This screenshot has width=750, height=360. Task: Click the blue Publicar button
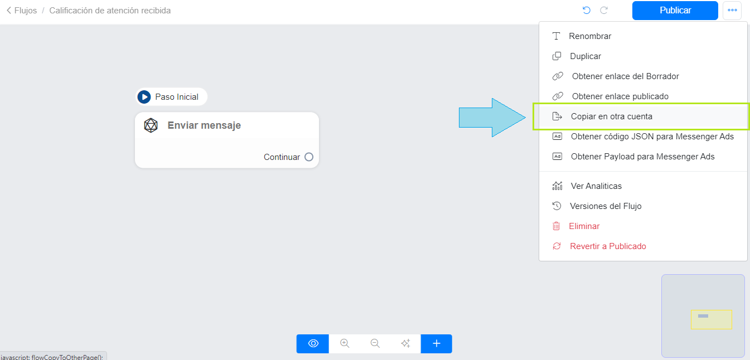click(x=675, y=11)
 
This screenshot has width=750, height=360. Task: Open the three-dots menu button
click(x=732, y=11)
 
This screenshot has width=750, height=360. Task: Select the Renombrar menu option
click(x=590, y=36)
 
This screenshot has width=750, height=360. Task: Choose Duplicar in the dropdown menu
click(x=585, y=56)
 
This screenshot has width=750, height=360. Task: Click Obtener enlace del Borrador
click(x=625, y=76)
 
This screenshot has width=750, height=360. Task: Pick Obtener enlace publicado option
click(x=620, y=96)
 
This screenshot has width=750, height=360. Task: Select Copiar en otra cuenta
click(x=611, y=116)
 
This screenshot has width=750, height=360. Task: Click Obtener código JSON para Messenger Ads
click(x=652, y=137)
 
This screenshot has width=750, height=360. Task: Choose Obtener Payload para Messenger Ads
click(x=642, y=157)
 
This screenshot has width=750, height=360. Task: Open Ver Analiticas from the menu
click(x=596, y=186)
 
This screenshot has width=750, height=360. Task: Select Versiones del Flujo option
click(x=605, y=206)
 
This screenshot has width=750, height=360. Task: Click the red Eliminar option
click(x=584, y=226)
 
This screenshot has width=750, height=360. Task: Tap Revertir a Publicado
click(x=607, y=246)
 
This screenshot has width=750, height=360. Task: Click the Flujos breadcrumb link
click(x=22, y=11)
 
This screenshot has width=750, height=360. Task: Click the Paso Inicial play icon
click(x=144, y=97)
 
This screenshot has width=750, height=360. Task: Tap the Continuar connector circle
click(x=309, y=157)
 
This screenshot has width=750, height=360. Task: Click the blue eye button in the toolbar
click(x=313, y=343)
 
